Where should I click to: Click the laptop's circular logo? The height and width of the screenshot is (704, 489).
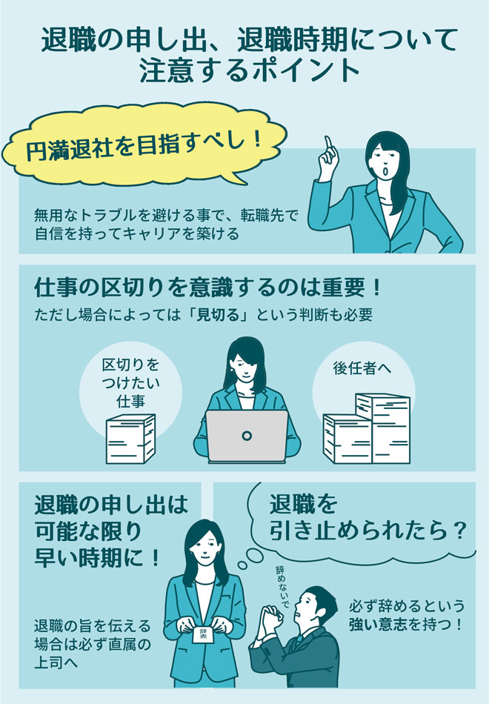click(x=247, y=435)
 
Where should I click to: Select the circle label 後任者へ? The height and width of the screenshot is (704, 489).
click(x=362, y=368)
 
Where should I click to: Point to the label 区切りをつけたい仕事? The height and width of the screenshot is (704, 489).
click(x=130, y=383)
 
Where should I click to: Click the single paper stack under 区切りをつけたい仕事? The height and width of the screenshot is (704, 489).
click(x=130, y=439)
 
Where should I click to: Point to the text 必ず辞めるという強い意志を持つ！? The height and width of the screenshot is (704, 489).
click(x=407, y=614)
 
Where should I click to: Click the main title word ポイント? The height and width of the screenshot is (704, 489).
click(x=305, y=70)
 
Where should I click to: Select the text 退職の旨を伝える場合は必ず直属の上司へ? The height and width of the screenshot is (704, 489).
click(x=93, y=644)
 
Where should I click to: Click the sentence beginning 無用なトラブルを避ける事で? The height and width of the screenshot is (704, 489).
click(x=166, y=224)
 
